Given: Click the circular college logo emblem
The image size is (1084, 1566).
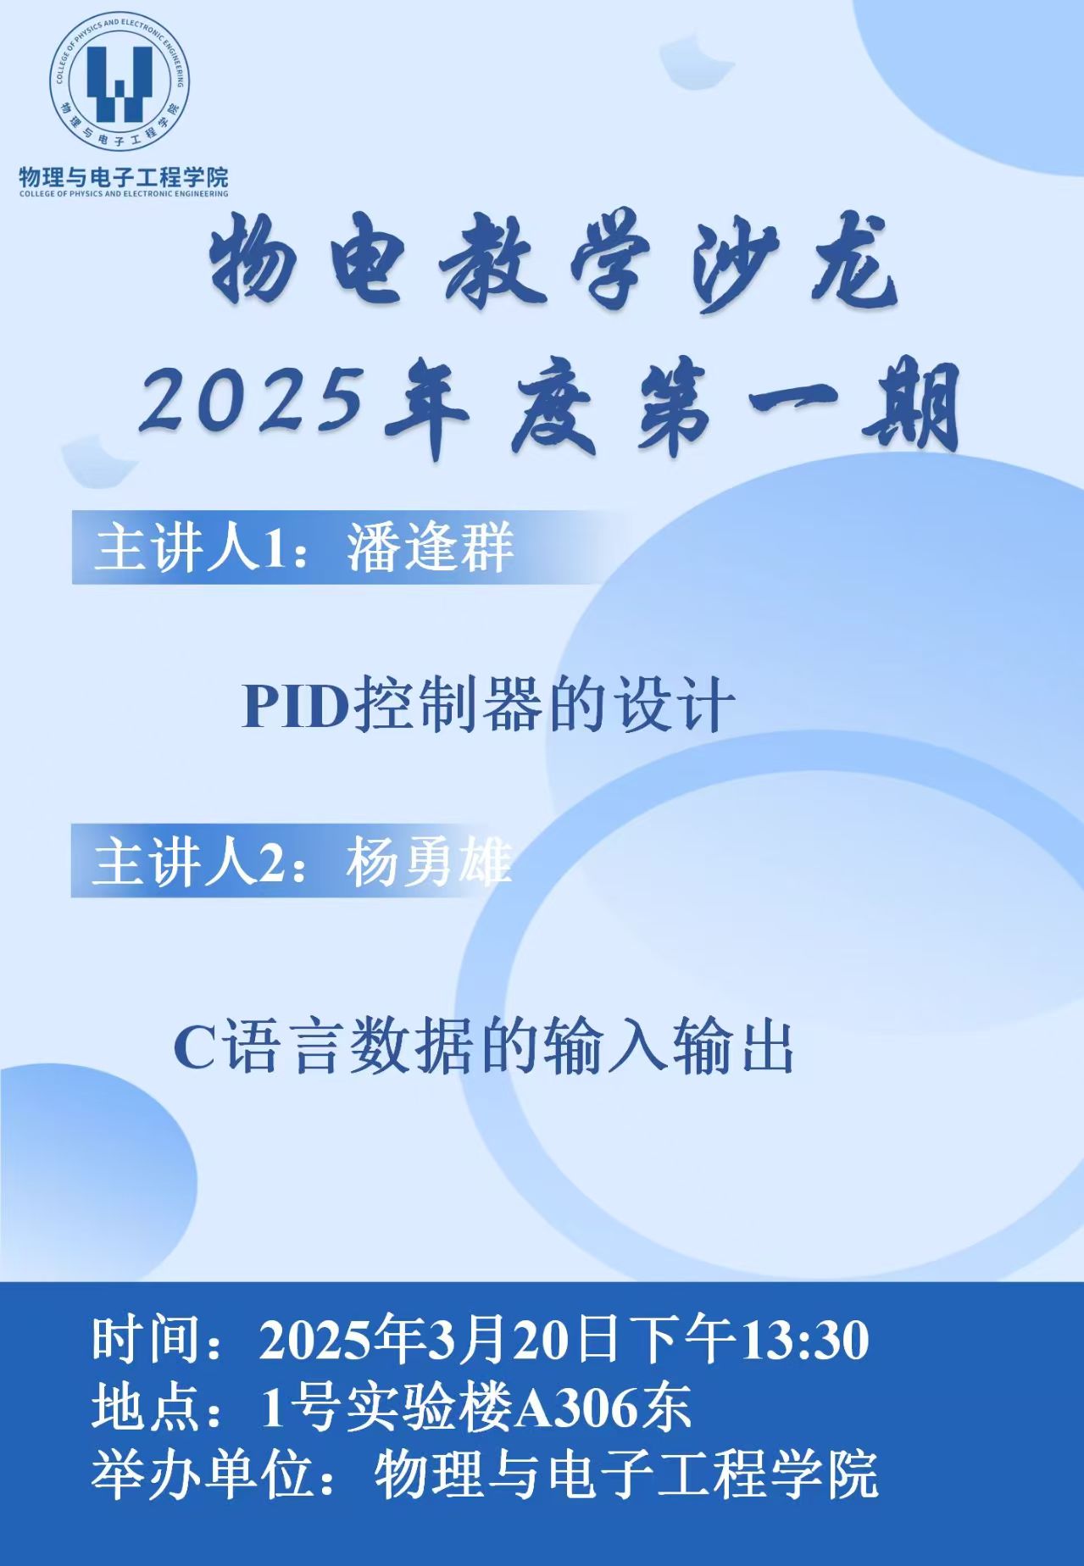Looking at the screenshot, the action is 124,86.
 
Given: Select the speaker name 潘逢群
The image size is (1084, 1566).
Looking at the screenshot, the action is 430,547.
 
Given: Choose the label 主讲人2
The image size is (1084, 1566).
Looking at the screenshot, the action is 186,863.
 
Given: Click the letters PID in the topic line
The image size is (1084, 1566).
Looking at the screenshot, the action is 297,706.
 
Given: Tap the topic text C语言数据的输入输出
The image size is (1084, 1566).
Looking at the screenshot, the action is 483,1048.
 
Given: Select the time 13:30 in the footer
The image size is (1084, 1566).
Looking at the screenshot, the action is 805,1341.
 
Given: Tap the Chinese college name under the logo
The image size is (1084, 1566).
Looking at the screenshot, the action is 124,177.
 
